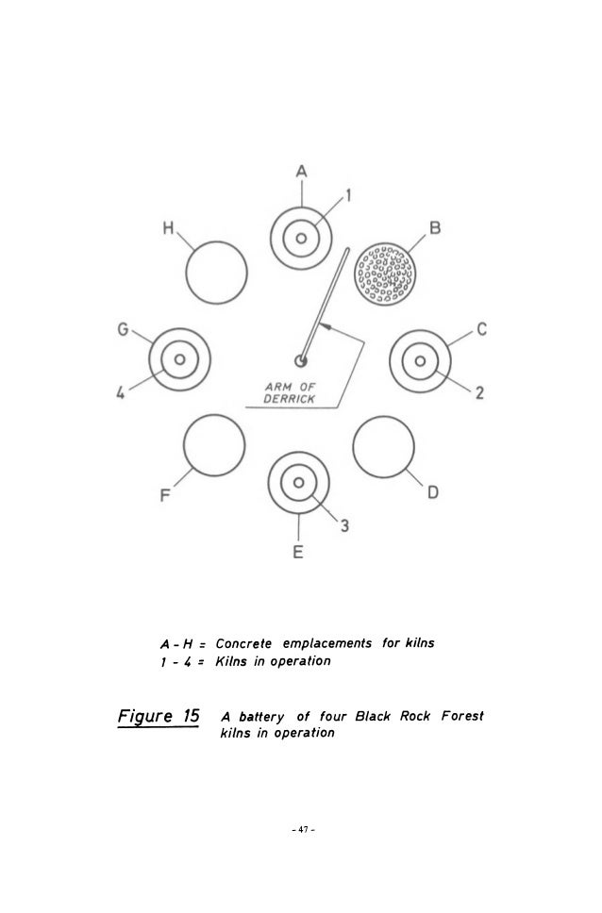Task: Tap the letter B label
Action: (436, 228)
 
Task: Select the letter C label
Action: (481, 329)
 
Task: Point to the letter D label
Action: (433, 492)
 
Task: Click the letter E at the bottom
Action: (297, 554)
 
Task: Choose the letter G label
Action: (123, 329)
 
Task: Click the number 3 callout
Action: (344, 526)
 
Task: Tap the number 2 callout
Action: (480, 393)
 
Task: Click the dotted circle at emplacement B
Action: (385, 273)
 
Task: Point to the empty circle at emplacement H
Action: (215, 273)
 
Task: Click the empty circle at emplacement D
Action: (384, 442)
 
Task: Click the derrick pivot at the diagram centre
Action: (300, 359)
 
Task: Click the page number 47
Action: (300, 830)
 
